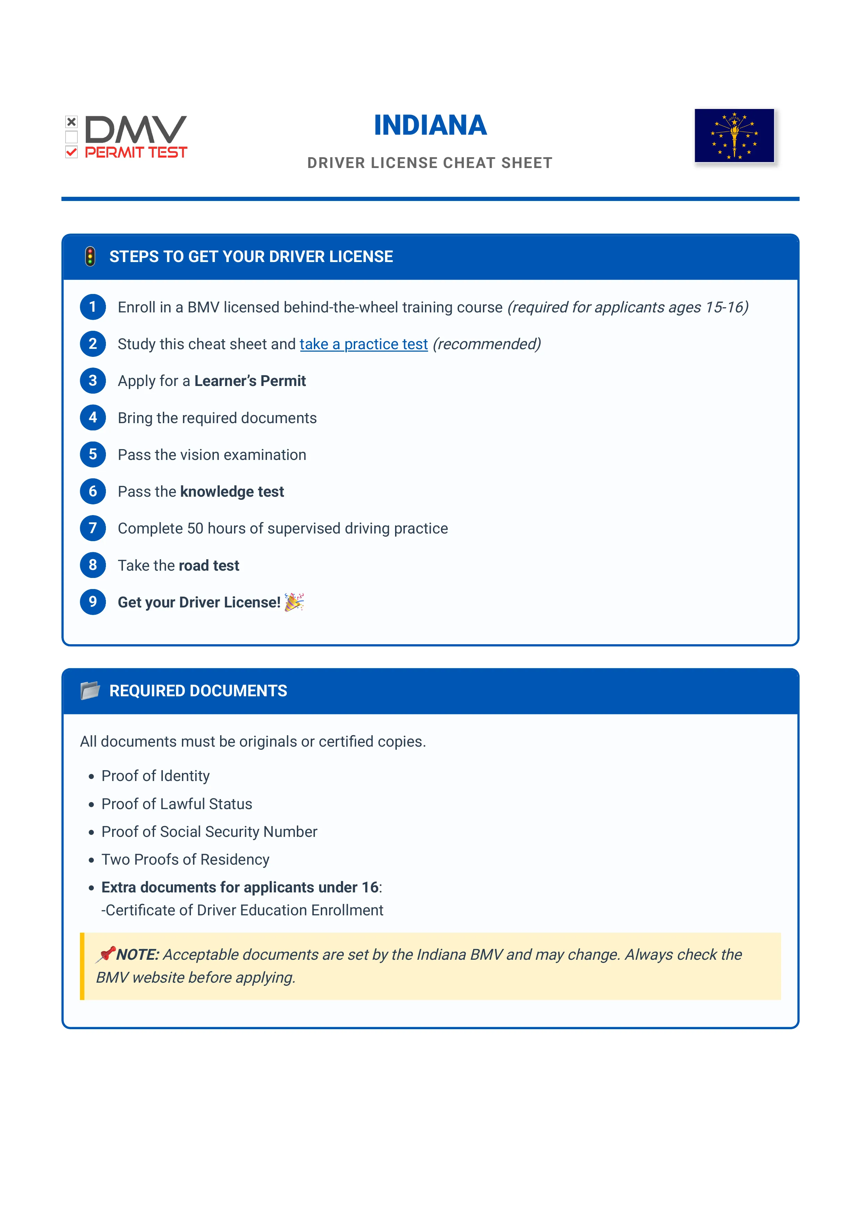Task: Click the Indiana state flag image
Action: point(734,136)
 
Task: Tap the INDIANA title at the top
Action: point(430,125)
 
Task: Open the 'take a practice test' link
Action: point(363,344)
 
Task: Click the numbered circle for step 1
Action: point(93,307)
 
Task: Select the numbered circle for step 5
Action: point(93,455)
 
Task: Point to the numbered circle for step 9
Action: point(93,602)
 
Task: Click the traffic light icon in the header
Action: point(90,257)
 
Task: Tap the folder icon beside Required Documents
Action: point(90,691)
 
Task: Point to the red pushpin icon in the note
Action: point(106,954)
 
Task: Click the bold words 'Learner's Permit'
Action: point(250,381)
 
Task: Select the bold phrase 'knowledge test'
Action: point(232,492)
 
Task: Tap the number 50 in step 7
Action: point(195,528)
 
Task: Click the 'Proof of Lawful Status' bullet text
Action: point(177,804)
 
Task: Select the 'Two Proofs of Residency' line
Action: point(185,859)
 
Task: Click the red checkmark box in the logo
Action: point(72,153)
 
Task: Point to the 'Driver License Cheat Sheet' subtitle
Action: point(430,163)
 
